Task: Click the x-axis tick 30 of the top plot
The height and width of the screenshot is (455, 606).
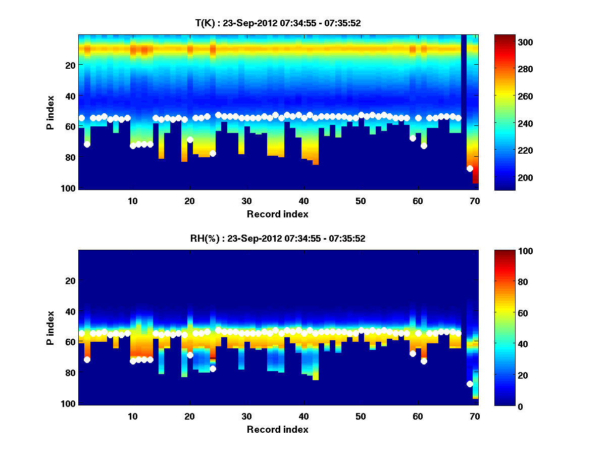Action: (x=246, y=199)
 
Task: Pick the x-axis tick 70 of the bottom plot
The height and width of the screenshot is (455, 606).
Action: (x=474, y=416)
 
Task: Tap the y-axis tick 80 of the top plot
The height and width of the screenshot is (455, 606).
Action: (x=70, y=157)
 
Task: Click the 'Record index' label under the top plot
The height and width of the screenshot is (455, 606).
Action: (x=277, y=214)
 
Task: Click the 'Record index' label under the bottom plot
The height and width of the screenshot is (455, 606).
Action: (x=277, y=430)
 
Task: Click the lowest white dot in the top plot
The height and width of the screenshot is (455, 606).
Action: (x=470, y=168)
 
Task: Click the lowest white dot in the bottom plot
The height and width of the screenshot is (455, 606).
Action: (x=470, y=384)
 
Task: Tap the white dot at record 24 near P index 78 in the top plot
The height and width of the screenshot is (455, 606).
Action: (x=213, y=153)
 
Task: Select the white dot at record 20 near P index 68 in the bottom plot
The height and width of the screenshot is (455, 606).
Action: (x=190, y=355)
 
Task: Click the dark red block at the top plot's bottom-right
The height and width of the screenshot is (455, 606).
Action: (x=475, y=177)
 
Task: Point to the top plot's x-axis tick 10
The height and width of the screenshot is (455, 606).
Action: (x=133, y=199)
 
